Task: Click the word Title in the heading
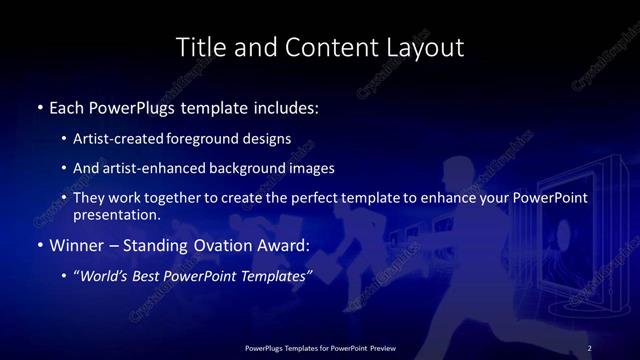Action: [199, 47]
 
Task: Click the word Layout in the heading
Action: [427, 47]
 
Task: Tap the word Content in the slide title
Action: [324, 47]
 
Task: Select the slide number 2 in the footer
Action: [589, 348]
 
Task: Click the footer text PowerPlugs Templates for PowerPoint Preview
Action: [320, 348]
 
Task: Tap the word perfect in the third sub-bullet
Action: [307, 198]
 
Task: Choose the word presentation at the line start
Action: [116, 214]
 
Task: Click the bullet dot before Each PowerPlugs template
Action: [40, 105]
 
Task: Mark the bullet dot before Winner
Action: [40, 245]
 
